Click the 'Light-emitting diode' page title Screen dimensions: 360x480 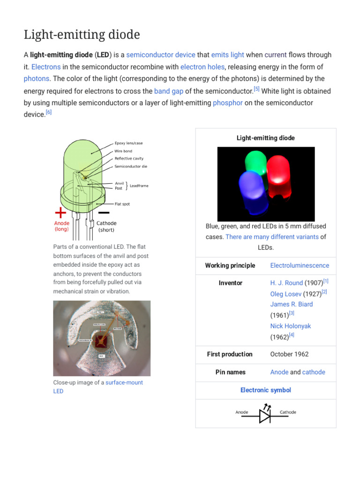[x=82, y=34]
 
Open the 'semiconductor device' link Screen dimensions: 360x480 [x=160, y=55]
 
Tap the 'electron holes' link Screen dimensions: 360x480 [x=202, y=67]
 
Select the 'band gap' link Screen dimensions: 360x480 [x=168, y=91]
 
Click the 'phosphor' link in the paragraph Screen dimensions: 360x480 [x=227, y=103]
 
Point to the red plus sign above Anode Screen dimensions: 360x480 [x=61, y=212]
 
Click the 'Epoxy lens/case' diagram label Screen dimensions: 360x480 [x=128, y=143]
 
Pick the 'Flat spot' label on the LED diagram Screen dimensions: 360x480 [x=122, y=204]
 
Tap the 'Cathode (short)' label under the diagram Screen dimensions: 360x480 [x=106, y=226]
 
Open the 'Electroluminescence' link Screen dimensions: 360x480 [x=300, y=265]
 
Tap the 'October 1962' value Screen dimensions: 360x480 [x=289, y=354]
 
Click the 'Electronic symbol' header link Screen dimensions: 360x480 [x=265, y=390]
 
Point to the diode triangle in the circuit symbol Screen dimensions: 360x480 [x=265, y=416]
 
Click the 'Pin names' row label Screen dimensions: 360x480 [x=230, y=372]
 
